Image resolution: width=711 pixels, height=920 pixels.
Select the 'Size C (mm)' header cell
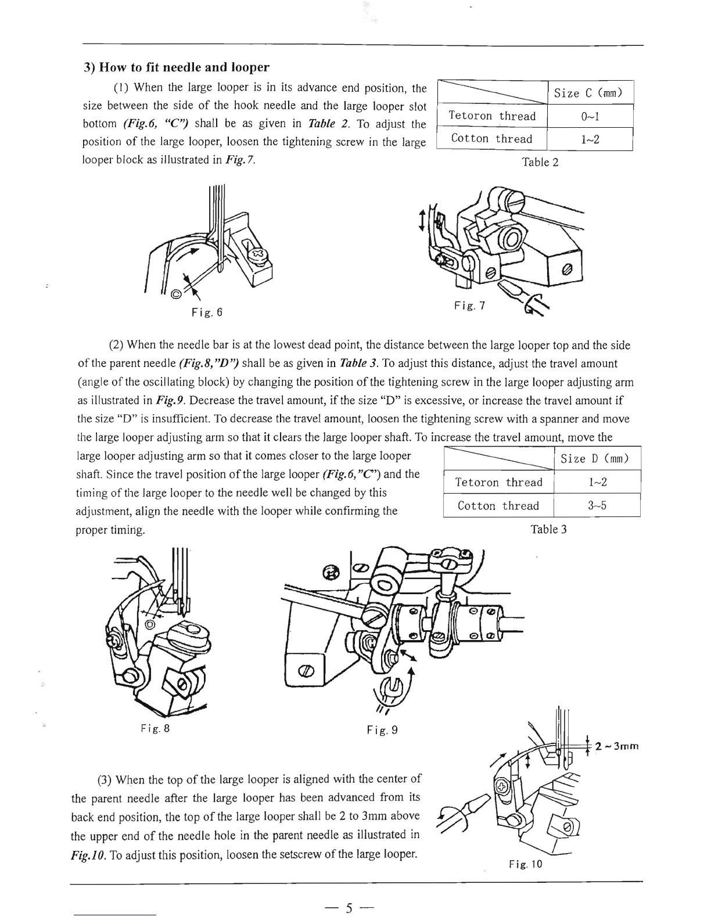pos(588,93)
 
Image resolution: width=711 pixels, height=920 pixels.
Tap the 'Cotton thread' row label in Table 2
pos(491,139)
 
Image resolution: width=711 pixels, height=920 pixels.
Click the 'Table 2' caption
pos(540,162)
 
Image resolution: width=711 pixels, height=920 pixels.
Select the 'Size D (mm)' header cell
pos(595,459)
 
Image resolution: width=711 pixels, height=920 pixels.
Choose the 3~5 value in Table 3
pos(597,505)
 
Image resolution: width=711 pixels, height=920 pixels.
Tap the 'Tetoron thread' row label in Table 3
pos(498,483)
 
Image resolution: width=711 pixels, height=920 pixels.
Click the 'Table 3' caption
pos(548,529)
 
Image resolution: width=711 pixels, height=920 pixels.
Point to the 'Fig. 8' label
pos(155,727)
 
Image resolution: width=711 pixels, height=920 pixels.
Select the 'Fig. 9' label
pos(382,729)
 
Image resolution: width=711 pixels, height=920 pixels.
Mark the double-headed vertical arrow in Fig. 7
pos(421,221)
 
